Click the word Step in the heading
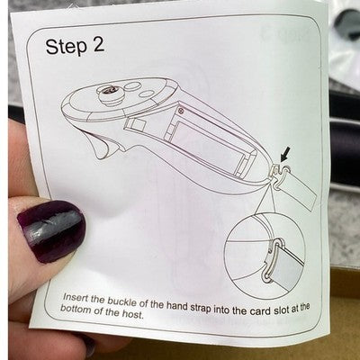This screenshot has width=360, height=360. click(x=66, y=47)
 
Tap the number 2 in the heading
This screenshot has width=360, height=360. click(x=98, y=45)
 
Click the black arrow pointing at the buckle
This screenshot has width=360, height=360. click(x=285, y=154)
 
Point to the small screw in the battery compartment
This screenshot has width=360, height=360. click(x=181, y=111)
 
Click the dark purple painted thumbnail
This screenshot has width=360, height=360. click(x=51, y=231)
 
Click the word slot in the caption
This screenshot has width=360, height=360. click(x=281, y=310)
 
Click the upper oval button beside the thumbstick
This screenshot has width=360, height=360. click(x=131, y=86)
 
